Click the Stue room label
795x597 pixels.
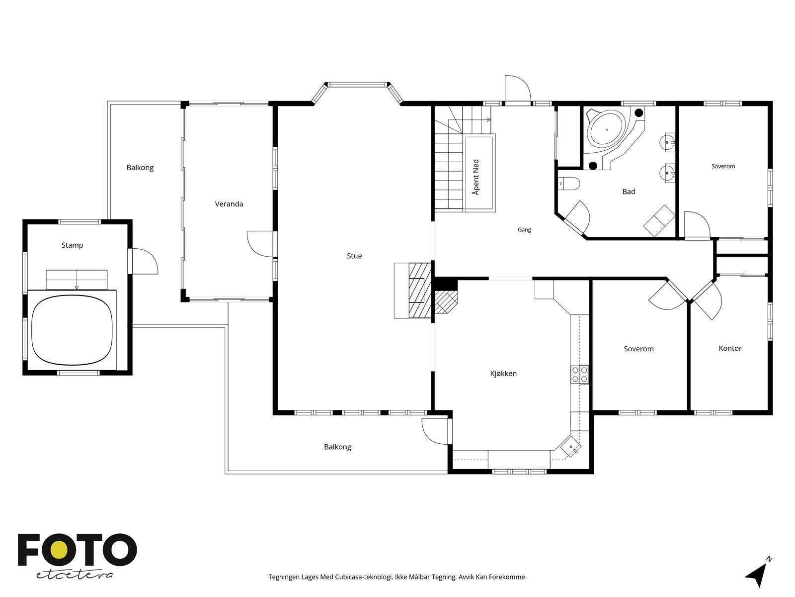tap(354, 256)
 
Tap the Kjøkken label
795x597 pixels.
tap(503, 373)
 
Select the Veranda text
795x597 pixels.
tap(229, 204)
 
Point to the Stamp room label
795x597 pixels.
tap(72, 245)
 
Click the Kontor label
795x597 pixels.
tap(730, 348)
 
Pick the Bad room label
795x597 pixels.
tap(629, 192)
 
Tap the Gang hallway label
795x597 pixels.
tap(524, 230)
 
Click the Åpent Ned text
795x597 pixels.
tap(476, 177)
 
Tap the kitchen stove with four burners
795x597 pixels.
tap(579, 375)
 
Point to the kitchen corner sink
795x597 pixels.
tap(571, 446)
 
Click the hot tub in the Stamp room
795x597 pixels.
tap(72, 330)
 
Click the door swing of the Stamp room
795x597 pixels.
tap(145, 261)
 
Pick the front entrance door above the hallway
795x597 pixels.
tap(518, 90)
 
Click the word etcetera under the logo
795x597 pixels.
tap(74, 575)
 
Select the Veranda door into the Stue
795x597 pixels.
tap(260, 244)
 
